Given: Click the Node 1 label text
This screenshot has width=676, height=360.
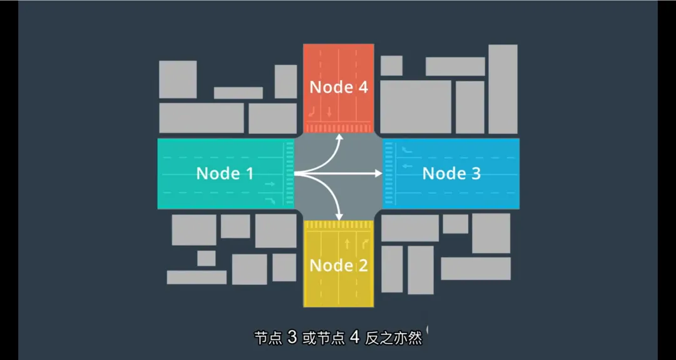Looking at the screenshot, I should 225,173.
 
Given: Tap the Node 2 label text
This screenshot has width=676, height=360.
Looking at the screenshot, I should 339,265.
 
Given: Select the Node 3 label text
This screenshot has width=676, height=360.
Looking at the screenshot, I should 451,173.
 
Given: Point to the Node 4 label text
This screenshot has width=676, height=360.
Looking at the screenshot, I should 339,87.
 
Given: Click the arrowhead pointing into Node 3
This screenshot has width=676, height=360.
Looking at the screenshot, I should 378,173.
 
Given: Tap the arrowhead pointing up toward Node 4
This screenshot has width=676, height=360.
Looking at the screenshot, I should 339,136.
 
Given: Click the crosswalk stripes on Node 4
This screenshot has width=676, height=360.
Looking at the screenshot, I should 339,128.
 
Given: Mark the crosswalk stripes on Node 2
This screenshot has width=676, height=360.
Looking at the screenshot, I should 339,225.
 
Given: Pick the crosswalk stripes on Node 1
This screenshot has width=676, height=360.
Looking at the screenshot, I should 289,173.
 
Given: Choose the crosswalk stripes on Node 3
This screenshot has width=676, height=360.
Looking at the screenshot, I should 388,173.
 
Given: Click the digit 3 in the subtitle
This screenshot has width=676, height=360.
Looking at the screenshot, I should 292,338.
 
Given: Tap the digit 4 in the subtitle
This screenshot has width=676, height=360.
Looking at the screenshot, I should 354,338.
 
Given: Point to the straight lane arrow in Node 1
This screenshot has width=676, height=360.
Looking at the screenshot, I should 270,185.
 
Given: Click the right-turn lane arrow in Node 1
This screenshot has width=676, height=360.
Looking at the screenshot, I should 270,200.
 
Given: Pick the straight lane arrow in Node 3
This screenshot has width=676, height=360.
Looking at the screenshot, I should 407,166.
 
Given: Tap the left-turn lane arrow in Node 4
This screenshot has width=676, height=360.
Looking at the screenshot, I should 313,113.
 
